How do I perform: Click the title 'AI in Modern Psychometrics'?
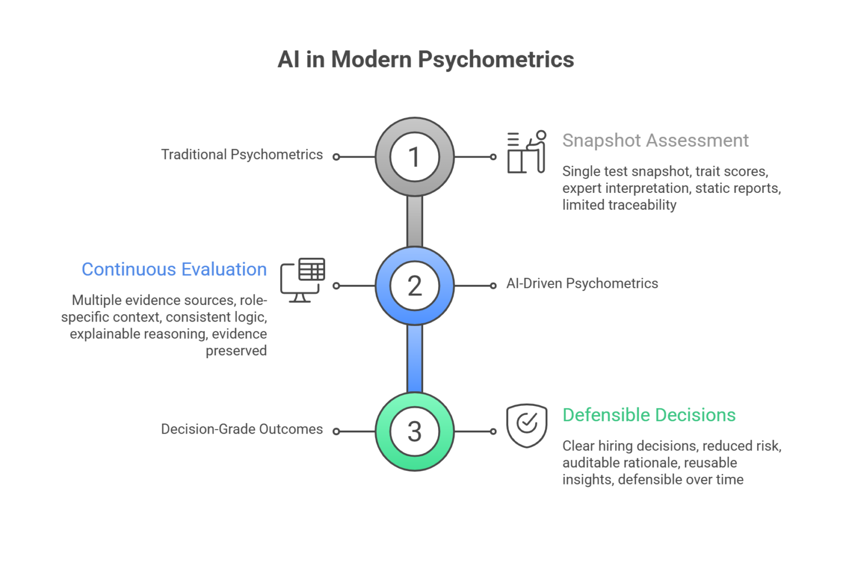[x=425, y=60]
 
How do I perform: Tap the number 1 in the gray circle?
[x=414, y=157]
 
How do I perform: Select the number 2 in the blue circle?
[x=414, y=286]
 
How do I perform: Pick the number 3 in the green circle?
[x=414, y=431]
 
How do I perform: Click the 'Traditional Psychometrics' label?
[x=242, y=155]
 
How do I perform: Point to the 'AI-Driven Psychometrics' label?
[x=582, y=284]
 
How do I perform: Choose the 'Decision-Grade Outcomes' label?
[x=242, y=429]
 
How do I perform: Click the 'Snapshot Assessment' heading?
[x=655, y=141]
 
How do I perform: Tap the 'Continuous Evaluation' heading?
[x=174, y=269]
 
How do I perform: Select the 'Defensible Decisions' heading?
[x=649, y=415]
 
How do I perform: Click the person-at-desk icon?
[x=527, y=152]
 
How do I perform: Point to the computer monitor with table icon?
[x=303, y=280]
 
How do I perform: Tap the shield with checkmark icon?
[x=527, y=426]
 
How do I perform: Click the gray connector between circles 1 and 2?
[x=414, y=221]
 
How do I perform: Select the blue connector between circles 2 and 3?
[x=414, y=359]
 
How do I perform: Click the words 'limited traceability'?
[x=619, y=205]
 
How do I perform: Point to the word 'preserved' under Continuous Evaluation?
[x=236, y=351]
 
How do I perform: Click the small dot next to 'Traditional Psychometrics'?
[x=336, y=157]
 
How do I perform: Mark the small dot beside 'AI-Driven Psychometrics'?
[x=493, y=286]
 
